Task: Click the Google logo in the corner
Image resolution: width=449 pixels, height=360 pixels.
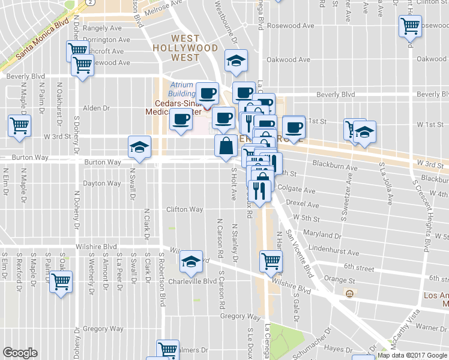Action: (20, 353)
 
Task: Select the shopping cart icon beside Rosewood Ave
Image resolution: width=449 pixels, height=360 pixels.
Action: (410, 26)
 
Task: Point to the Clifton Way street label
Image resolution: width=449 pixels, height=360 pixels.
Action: (184, 209)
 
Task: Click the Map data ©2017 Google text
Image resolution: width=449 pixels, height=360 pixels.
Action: (412, 355)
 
